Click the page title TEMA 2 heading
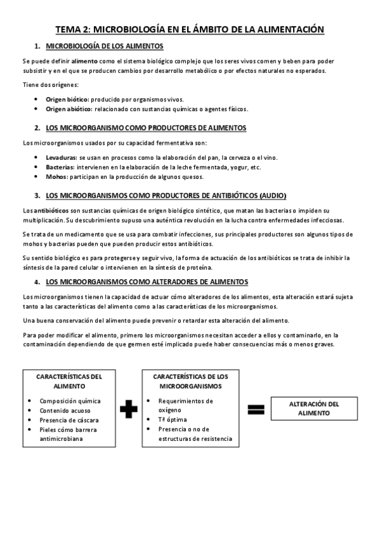(190, 29)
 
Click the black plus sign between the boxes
(128, 409)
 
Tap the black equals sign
(256, 409)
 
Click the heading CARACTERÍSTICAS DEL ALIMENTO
(70, 381)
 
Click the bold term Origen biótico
(67, 99)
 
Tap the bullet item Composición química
(70, 401)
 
